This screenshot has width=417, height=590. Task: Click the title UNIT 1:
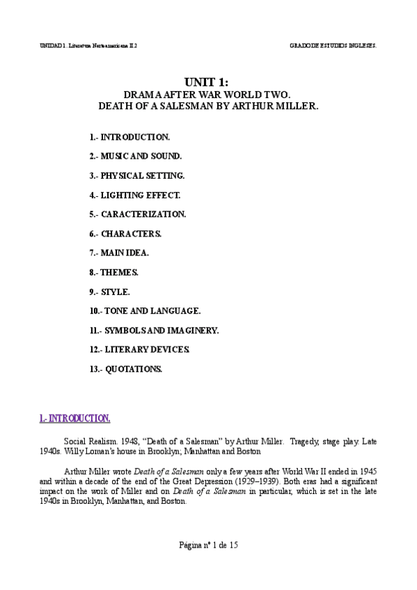207,82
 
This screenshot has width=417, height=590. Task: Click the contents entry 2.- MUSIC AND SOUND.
136,157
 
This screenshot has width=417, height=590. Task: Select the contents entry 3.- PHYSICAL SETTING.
136,176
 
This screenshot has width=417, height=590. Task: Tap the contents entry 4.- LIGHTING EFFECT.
134,196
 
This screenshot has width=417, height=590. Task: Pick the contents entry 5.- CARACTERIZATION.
137,214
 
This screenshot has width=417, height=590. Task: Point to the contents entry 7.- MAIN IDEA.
119,253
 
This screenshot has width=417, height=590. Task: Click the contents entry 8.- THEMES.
114,272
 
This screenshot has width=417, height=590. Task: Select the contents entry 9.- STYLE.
110,292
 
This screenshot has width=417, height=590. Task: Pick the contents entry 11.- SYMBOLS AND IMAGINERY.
154,330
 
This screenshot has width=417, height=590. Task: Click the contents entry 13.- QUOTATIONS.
125,369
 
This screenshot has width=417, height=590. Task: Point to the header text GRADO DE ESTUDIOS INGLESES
333,45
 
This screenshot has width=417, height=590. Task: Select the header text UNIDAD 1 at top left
52,45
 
